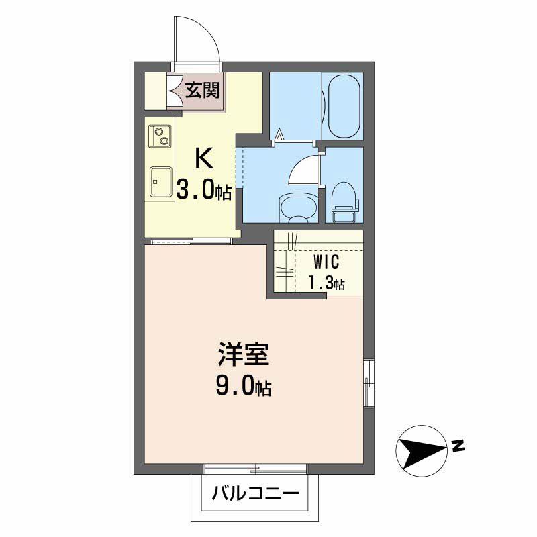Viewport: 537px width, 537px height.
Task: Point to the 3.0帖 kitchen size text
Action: [x=203, y=191]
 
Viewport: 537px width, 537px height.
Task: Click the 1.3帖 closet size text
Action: [x=326, y=283]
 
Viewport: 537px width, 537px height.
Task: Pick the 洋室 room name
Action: [x=243, y=354]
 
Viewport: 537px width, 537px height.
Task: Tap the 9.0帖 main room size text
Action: [x=243, y=387]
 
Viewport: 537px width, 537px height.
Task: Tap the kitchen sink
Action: [x=160, y=181]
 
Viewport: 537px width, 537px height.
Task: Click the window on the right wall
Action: [x=368, y=383]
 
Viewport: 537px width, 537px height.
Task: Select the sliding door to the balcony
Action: [x=255, y=467]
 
